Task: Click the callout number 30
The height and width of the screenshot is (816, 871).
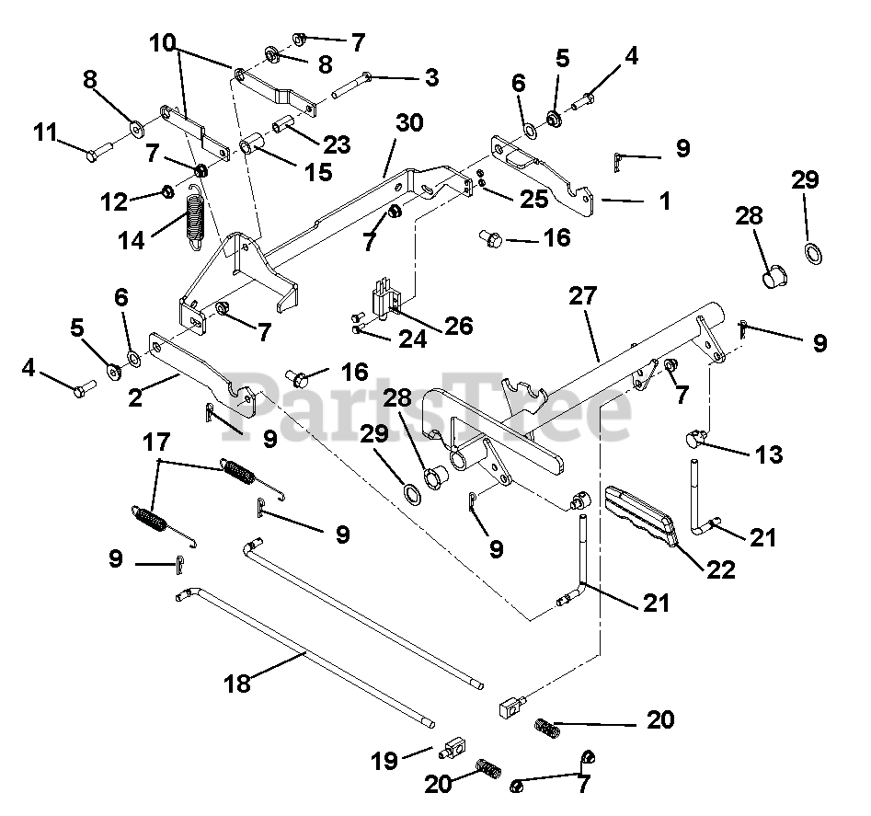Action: tap(409, 122)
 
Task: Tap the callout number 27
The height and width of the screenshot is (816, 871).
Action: tap(583, 296)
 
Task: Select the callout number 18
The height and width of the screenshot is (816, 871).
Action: tap(237, 684)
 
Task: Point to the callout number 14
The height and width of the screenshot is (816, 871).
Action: tap(132, 241)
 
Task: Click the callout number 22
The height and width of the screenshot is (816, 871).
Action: tap(720, 570)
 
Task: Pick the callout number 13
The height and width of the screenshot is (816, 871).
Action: tap(769, 454)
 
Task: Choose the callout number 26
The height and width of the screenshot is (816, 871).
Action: tap(459, 326)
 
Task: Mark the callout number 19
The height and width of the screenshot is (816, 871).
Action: tap(385, 761)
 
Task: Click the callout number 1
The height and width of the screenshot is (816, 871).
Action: tap(664, 201)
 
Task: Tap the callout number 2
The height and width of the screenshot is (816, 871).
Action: tap(135, 398)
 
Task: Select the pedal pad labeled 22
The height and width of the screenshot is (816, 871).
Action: tap(639, 514)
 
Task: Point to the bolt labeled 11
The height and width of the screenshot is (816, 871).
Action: tap(99, 151)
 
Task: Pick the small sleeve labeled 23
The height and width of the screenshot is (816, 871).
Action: tap(283, 124)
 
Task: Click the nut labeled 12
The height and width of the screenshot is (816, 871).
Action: tap(166, 192)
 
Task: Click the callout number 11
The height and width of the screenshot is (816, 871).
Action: tap(46, 132)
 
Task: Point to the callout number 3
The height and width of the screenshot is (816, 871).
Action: tap(431, 78)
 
